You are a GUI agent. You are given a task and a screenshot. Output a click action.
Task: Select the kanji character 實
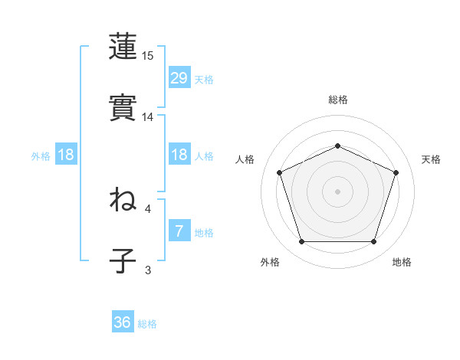[x=123, y=107]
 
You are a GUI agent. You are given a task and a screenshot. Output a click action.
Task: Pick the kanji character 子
[x=123, y=260]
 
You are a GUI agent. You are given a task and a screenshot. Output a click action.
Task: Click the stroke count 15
[x=148, y=56]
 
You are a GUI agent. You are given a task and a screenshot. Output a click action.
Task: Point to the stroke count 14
[x=148, y=117]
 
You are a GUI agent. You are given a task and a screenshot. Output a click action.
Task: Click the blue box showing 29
[x=179, y=77]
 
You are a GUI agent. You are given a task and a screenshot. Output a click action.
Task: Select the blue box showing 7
[x=179, y=231]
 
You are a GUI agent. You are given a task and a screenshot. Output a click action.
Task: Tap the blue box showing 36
[x=123, y=322]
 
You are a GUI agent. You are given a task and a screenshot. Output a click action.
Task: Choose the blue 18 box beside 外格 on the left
[x=66, y=155]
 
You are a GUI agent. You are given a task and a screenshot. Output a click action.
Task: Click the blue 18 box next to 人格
[x=179, y=155]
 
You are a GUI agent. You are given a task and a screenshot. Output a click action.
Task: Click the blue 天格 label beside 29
[x=204, y=80]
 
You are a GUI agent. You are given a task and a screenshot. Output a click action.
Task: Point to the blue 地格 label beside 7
[x=204, y=233]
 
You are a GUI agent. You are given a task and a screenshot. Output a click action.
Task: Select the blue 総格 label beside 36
[x=147, y=325]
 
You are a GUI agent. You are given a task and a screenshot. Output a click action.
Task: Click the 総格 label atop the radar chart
[x=338, y=100]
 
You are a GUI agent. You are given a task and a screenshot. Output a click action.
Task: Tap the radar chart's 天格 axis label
[x=432, y=159]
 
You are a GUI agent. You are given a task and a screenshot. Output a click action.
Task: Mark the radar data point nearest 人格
[x=279, y=172]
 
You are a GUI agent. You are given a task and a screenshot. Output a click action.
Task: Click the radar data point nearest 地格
[x=373, y=242]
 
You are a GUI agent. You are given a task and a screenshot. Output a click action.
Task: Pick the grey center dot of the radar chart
[x=337, y=191]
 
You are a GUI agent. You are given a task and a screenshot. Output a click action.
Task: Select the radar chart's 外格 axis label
[x=270, y=263]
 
